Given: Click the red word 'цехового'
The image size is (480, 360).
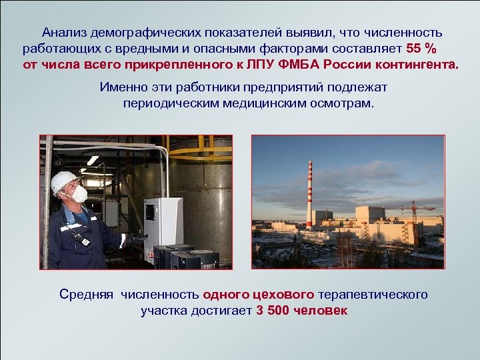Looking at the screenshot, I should point(285,294).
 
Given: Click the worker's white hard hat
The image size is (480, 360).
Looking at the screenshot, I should point(64,181).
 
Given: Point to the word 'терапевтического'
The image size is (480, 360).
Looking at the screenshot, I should point(373,294).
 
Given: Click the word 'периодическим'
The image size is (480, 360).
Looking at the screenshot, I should point(166,105).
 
